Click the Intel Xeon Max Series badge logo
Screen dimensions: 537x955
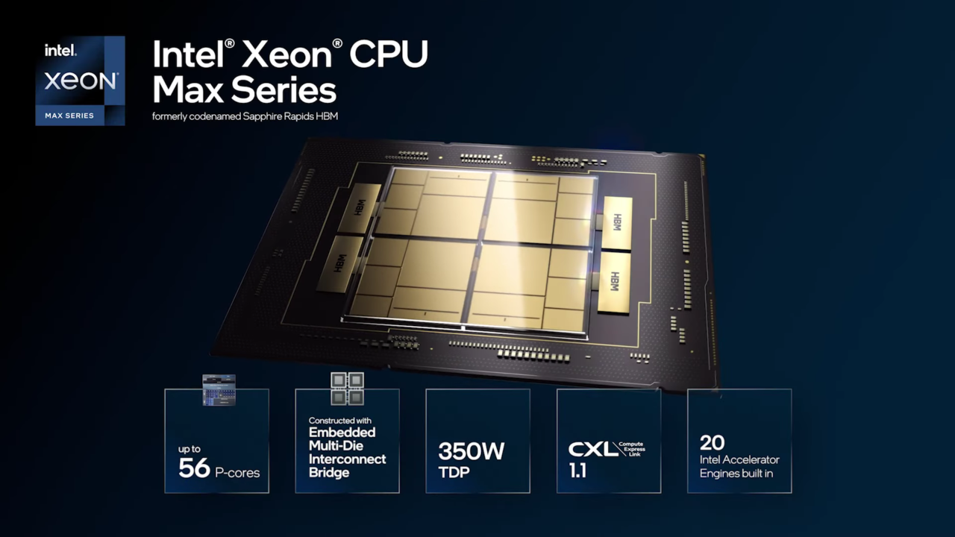(x=80, y=81)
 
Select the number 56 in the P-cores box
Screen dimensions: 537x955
(x=194, y=468)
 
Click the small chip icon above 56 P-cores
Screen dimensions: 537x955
(x=219, y=390)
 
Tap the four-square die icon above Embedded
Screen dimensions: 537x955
(x=347, y=389)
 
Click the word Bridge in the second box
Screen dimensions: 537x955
(x=329, y=472)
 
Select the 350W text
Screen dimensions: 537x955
(x=471, y=451)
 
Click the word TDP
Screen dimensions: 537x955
(x=454, y=472)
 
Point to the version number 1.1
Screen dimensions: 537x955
(x=577, y=472)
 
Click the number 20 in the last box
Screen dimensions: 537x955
(x=713, y=442)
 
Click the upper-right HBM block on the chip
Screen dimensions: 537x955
(x=617, y=222)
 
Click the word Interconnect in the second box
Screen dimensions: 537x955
(x=348, y=459)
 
